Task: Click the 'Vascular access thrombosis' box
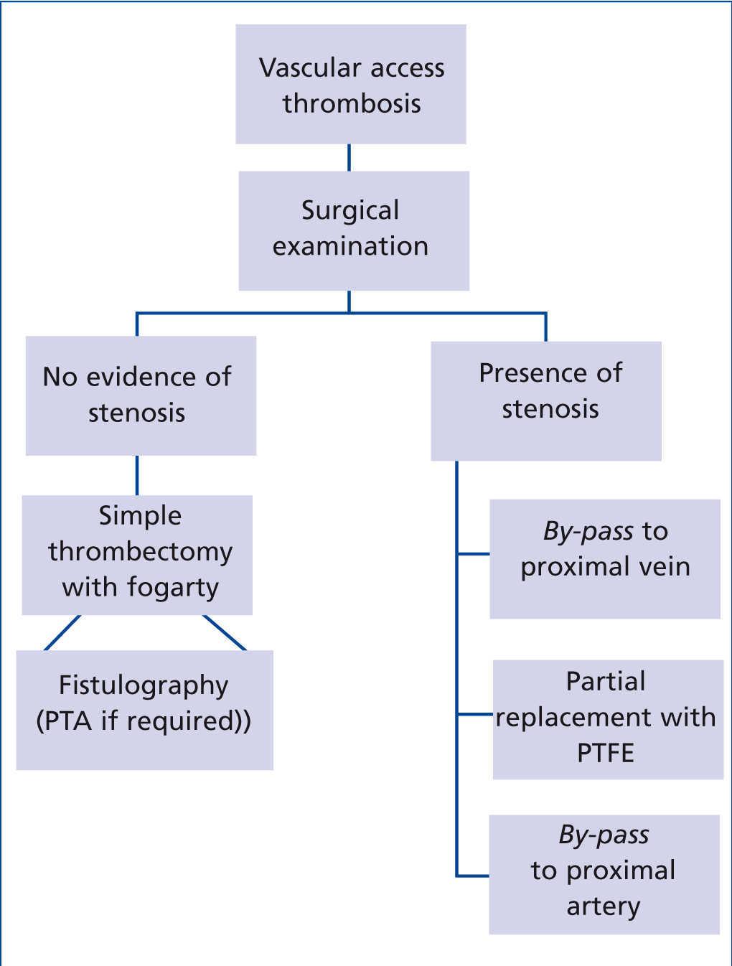[351, 85]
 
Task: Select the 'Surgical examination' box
[353, 230]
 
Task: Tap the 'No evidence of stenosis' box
[141, 395]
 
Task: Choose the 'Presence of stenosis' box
[545, 400]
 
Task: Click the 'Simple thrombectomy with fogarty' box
[137, 554]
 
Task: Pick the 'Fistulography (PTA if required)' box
[144, 710]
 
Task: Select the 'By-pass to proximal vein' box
[604, 558]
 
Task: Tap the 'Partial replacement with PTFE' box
[607, 719]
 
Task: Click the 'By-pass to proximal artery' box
[604, 873]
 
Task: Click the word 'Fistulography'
[144, 685]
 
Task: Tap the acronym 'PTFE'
[606, 753]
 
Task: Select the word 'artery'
[603, 906]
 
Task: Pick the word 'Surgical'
[350, 211]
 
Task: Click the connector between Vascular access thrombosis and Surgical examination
[349, 157]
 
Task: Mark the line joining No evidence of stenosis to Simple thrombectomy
[136, 475]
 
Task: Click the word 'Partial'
[606, 681]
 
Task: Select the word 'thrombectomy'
[141, 552]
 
